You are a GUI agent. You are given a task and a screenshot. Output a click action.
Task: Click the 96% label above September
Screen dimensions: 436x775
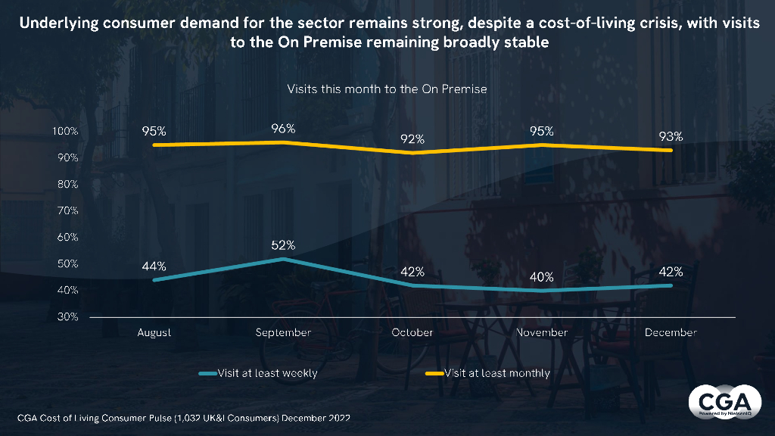coord(282,129)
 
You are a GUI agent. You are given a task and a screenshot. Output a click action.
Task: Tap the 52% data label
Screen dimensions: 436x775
coord(282,245)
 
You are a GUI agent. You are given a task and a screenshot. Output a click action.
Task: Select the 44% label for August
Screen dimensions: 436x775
coord(154,266)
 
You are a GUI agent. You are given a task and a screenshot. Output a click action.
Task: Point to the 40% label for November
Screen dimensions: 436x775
coord(542,277)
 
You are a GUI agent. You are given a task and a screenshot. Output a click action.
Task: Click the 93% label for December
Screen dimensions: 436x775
coord(671,137)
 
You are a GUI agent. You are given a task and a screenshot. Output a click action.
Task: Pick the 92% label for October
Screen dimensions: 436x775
coord(412,139)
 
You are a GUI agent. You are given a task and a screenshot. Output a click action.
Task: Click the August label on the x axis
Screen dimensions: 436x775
coord(154,332)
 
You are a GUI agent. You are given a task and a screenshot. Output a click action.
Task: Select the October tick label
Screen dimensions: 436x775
coord(412,332)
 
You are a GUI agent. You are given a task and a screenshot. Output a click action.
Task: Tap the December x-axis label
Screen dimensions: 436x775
coord(671,332)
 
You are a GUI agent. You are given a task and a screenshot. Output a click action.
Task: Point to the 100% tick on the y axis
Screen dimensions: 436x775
coord(66,132)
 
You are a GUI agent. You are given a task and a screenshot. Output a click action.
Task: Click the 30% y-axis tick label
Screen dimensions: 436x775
coord(68,316)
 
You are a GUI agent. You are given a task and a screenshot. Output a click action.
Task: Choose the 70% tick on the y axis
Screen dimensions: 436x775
coord(68,210)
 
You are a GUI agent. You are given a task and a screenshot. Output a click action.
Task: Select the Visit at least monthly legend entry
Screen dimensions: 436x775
coord(496,373)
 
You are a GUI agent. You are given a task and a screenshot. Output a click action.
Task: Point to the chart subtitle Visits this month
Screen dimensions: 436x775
coord(387,89)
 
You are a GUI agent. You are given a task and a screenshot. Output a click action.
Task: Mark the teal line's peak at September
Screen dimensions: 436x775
coord(282,259)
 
